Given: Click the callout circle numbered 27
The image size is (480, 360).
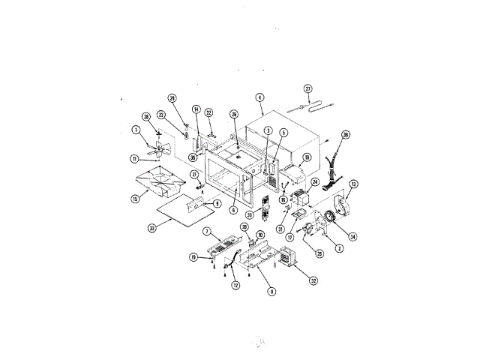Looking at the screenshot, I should point(307,88).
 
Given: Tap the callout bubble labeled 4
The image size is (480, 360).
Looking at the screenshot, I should point(259,97).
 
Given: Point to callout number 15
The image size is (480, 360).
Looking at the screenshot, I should point(135,199).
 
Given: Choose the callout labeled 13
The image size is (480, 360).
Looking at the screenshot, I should point(353,184).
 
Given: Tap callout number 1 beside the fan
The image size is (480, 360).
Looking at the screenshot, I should point(136,130).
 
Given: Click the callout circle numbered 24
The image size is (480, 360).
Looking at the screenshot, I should point(315,181).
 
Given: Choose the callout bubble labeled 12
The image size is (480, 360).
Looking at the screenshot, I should point(235,285).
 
